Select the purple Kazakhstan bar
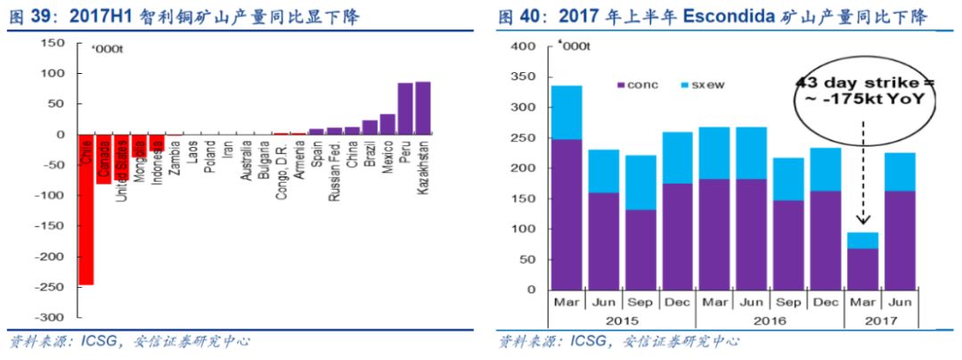[422, 108]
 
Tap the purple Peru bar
[404, 109]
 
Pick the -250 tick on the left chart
[53, 287]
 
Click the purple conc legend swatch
[622, 85]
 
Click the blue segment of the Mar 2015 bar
[567, 112]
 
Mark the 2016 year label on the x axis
[769, 319]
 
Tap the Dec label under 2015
[677, 303]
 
